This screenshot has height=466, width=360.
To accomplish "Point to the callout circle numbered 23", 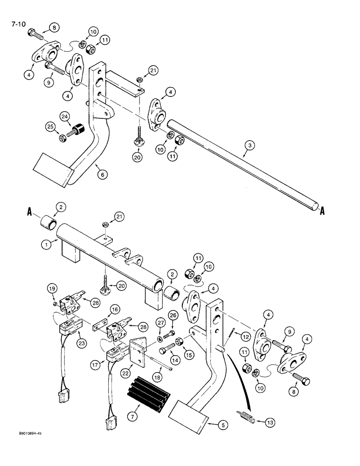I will [74, 334].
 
